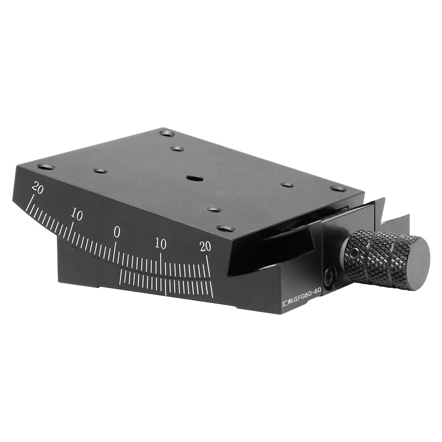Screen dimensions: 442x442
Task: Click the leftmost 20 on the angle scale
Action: point(38,188)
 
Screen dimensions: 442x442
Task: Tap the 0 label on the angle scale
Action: point(117,232)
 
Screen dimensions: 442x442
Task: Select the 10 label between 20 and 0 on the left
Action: point(76,215)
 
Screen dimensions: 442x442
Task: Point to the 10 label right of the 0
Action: point(160,244)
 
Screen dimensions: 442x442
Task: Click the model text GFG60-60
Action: point(308,300)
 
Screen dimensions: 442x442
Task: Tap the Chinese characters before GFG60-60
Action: point(288,303)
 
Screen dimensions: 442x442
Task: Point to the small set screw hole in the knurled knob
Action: point(352,254)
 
